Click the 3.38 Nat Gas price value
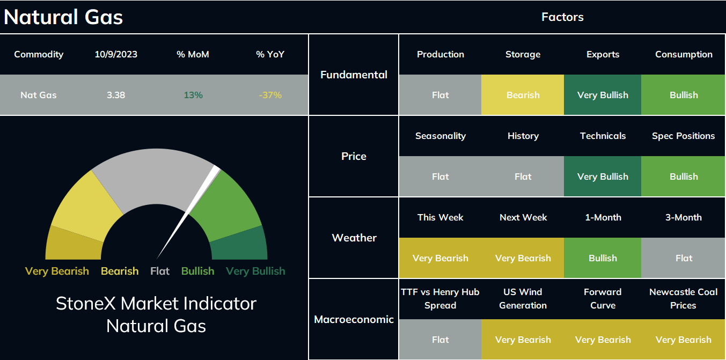116,95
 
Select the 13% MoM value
193,95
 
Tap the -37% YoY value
270,95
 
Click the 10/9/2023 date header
116,54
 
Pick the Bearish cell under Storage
523,95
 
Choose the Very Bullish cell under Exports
603,95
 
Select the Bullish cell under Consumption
683,95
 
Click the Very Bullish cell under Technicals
603,177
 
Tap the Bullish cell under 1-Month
603,258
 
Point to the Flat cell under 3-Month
683,258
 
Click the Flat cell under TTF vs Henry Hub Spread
440,339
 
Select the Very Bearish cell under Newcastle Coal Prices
683,339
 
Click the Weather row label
354,238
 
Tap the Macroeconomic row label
354,320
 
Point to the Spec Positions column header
683,136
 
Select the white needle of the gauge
188,212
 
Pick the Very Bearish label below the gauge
57,271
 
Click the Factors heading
562,17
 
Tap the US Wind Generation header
523,298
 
